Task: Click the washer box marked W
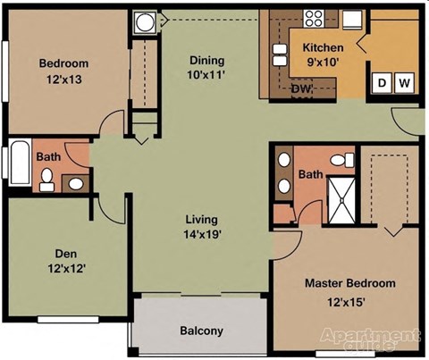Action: click(x=405, y=83)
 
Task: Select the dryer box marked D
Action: click(x=383, y=83)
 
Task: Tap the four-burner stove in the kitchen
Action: click(x=314, y=18)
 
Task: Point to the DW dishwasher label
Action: click(x=300, y=88)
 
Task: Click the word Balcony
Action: click(x=201, y=331)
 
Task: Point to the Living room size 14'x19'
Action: click(x=203, y=235)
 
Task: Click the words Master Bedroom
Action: click(x=349, y=283)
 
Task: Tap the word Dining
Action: click(x=206, y=61)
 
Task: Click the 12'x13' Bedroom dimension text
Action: click(x=63, y=80)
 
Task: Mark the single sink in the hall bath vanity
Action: click(x=76, y=184)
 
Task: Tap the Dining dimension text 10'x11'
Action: click(x=206, y=77)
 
